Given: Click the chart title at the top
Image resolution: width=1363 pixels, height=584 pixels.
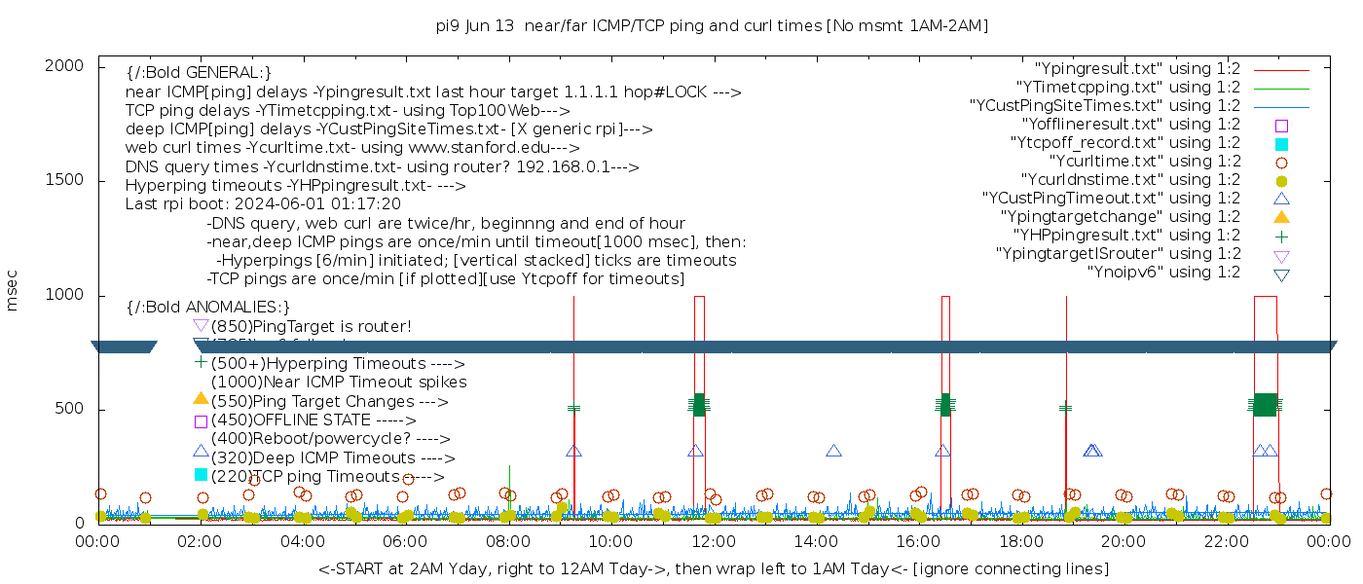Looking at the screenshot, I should click(x=713, y=26).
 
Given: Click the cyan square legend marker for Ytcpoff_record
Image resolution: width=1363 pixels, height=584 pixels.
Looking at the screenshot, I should click(x=1281, y=143).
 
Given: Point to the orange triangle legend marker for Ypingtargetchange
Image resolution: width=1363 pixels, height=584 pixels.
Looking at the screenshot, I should click(x=1281, y=216).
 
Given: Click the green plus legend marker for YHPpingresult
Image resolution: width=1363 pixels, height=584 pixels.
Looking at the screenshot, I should click(x=1281, y=235).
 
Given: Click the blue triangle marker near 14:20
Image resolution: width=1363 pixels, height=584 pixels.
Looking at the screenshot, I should click(x=833, y=451).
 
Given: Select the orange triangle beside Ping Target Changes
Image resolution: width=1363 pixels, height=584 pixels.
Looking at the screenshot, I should click(x=201, y=398).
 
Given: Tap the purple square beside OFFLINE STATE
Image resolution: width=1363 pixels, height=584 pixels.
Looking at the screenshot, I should click(x=201, y=421).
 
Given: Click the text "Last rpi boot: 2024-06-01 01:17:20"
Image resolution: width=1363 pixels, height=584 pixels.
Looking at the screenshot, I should click(x=263, y=204).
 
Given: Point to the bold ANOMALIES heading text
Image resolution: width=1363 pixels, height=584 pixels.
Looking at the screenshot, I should click(x=208, y=308).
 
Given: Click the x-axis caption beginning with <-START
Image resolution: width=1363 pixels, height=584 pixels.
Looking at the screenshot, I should click(x=713, y=568).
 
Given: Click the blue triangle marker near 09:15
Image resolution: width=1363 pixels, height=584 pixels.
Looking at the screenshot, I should click(x=573, y=451).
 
